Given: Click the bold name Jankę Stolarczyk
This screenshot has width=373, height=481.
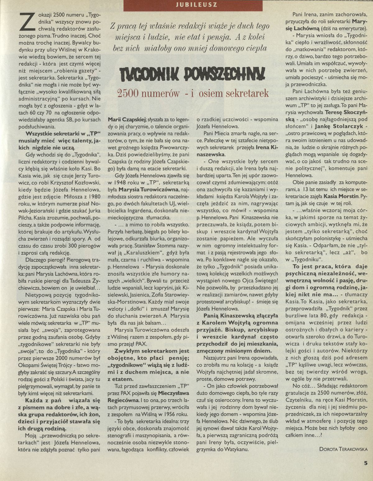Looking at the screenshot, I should click(339, 127).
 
